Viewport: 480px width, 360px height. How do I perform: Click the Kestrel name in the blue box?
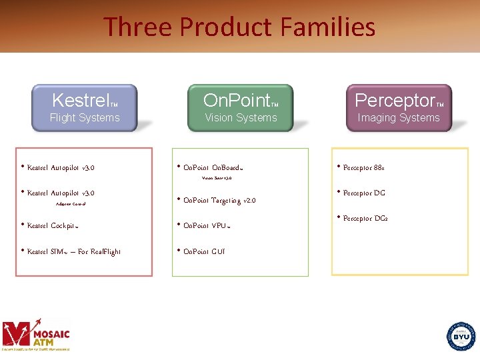[x=81, y=101]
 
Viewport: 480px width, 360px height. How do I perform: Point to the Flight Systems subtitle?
[x=85, y=118]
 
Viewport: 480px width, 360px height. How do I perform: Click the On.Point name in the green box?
[x=236, y=101]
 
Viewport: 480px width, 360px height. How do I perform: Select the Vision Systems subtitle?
[x=241, y=118]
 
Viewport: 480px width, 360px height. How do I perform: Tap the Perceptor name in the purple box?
[x=395, y=101]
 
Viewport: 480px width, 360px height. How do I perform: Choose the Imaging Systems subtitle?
[x=399, y=118]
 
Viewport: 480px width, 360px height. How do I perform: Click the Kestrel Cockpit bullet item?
[x=53, y=226]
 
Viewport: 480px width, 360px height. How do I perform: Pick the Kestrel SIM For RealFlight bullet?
[x=74, y=252]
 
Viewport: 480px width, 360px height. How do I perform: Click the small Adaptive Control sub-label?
[x=71, y=204]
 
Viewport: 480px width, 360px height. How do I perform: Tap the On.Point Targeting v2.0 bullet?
[x=219, y=201]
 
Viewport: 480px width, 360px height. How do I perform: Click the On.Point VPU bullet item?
[x=207, y=226]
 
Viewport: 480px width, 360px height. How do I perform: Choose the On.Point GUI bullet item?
[x=204, y=252]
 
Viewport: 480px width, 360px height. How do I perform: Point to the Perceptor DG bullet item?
[x=364, y=193]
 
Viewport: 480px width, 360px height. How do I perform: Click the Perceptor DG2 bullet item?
[x=365, y=219]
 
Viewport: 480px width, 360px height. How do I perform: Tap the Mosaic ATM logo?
[x=36, y=334]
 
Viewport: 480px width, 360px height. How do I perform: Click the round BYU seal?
[x=461, y=337]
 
